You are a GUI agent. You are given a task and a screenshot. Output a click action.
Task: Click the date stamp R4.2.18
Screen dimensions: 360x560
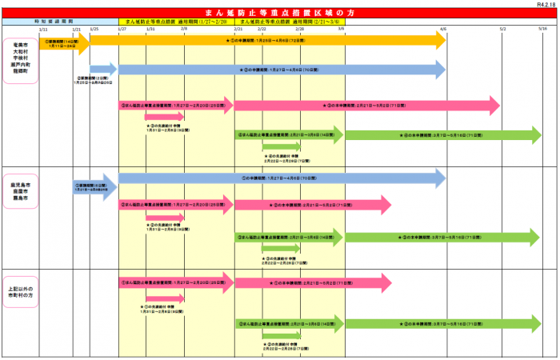point(547,4)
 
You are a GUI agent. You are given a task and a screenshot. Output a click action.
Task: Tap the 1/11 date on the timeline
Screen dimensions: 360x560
point(43,29)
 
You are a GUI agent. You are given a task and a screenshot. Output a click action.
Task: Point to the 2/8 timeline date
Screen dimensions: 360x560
point(184,29)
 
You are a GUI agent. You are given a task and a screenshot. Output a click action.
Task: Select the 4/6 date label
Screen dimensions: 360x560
point(442,29)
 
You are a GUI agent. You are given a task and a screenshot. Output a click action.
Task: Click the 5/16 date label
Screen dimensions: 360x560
point(542,29)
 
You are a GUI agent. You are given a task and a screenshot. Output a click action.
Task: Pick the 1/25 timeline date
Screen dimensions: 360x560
point(94,29)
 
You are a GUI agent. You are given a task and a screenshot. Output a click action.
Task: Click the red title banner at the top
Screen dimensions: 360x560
point(279,12)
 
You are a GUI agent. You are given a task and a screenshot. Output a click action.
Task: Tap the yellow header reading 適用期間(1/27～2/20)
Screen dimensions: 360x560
point(176,21)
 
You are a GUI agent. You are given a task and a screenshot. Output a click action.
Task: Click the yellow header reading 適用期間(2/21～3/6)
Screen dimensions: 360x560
point(290,21)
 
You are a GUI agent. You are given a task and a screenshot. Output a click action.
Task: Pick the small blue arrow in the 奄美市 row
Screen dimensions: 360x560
point(102,70)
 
